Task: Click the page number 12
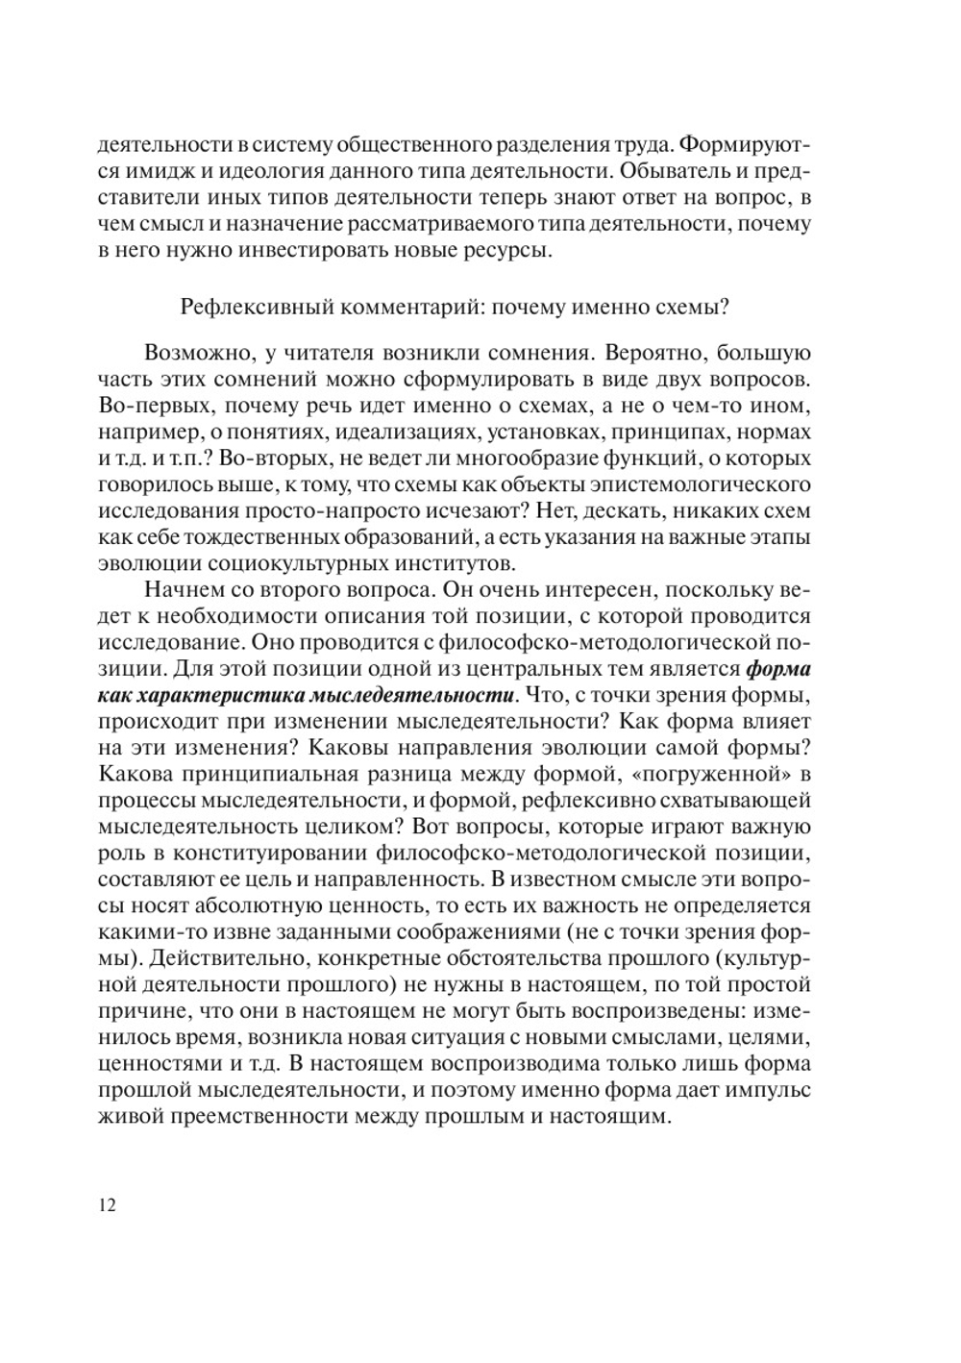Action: tap(107, 1205)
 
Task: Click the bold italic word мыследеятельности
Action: tap(421, 695)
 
